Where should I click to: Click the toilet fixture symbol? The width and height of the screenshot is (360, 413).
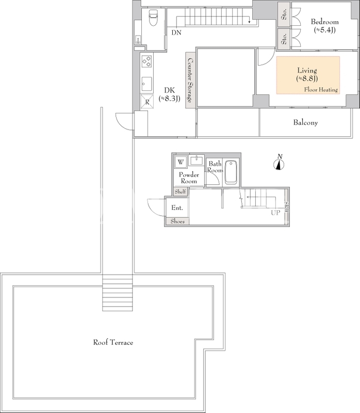153,18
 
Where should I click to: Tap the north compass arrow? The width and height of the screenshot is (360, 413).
279,165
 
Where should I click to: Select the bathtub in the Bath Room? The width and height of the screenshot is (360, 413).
231,172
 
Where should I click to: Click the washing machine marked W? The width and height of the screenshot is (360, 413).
181,162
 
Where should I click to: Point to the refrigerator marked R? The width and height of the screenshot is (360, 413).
147,101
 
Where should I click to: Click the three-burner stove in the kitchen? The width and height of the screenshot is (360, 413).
146,61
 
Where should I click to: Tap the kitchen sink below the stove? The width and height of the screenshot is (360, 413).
146,84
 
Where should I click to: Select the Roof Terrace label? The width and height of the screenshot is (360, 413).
113,342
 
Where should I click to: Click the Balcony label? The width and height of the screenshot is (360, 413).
305,122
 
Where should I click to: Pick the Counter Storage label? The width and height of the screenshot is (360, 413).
190,80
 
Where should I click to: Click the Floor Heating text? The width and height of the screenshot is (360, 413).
321,89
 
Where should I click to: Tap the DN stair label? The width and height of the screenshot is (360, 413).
176,33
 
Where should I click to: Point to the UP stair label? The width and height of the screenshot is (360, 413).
275,213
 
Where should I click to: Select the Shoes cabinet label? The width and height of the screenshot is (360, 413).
177,221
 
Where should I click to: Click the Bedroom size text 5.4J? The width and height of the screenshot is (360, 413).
325,30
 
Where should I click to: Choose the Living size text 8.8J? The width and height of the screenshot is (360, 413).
307,78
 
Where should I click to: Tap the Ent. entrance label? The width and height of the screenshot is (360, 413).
177,208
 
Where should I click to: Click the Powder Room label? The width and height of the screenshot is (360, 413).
189,178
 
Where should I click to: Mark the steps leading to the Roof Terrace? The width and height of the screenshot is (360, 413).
118,292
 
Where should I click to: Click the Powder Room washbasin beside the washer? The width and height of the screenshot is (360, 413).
197,160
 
